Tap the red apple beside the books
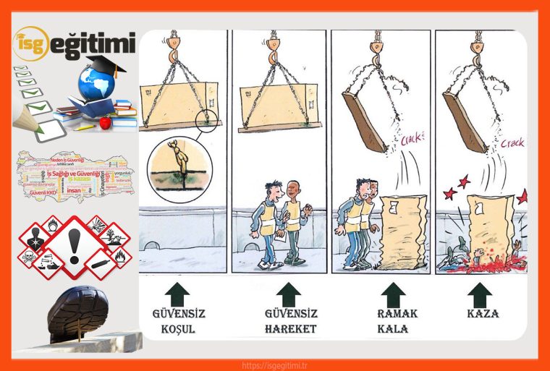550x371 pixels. [x=106, y=122]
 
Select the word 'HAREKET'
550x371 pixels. [x=289, y=329]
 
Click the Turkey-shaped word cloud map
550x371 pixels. [x=76, y=175]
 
